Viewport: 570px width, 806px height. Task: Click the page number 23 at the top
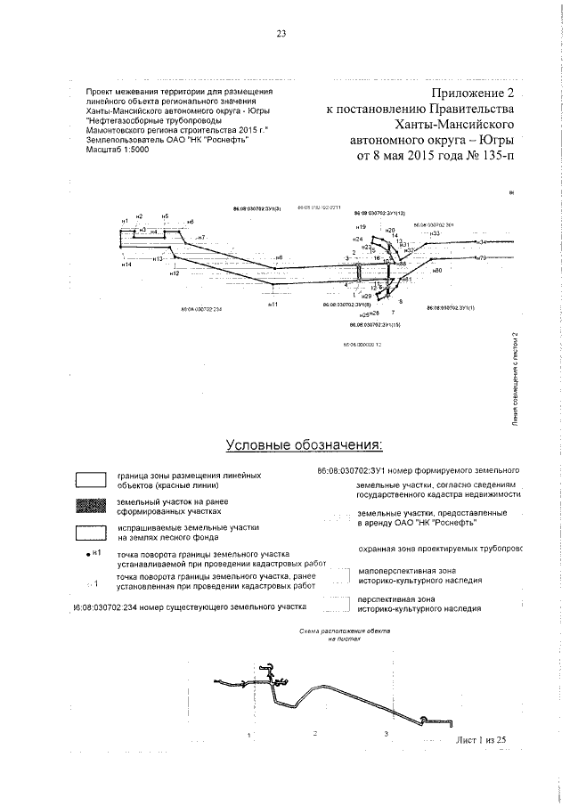[x=281, y=35]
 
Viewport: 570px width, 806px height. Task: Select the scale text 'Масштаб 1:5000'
[x=117, y=151]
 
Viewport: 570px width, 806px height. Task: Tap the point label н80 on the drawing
[x=436, y=270]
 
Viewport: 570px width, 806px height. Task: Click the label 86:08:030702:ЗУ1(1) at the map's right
[x=450, y=306]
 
